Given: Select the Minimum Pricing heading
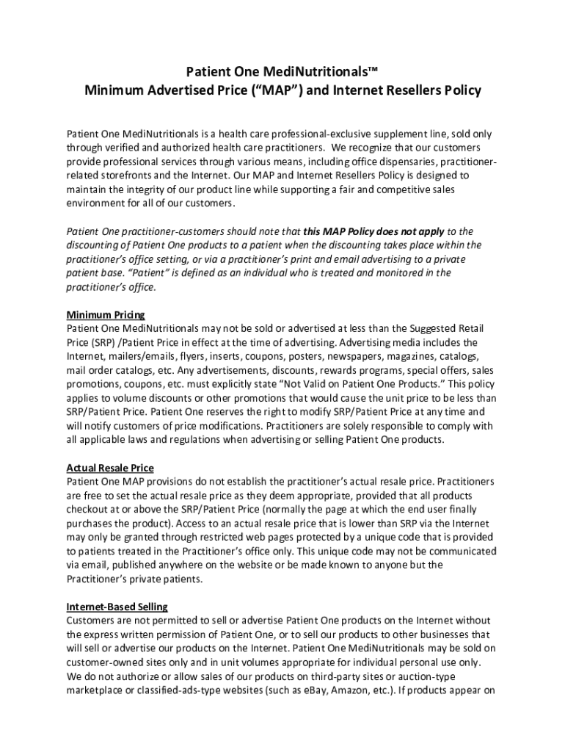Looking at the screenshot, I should click(106, 314).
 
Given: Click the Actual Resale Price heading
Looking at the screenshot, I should click(110, 468).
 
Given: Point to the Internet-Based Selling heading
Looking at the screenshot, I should click(117, 607).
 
